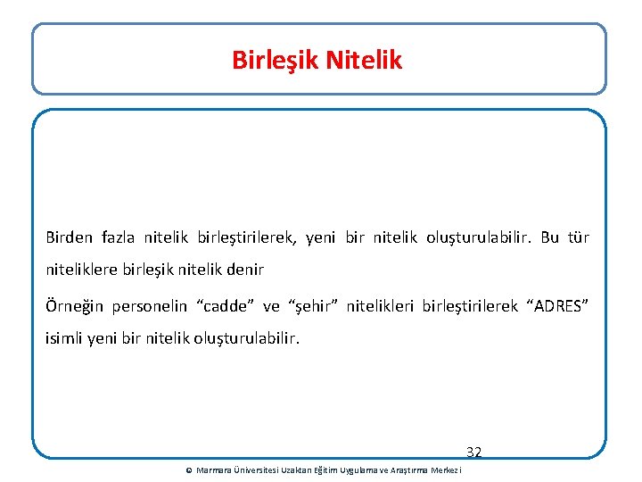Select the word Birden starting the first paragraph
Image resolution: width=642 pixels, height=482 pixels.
70,238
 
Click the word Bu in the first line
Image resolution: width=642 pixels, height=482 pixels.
550,238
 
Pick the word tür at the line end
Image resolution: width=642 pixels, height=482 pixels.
579,238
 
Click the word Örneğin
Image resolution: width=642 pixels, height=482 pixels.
74,307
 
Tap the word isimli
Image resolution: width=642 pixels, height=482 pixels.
63,337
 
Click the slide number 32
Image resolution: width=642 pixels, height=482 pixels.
473,453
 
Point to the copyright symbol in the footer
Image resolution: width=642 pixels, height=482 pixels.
188,470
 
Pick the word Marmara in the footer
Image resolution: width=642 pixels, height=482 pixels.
213,470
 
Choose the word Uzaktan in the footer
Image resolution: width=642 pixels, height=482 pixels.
294,470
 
